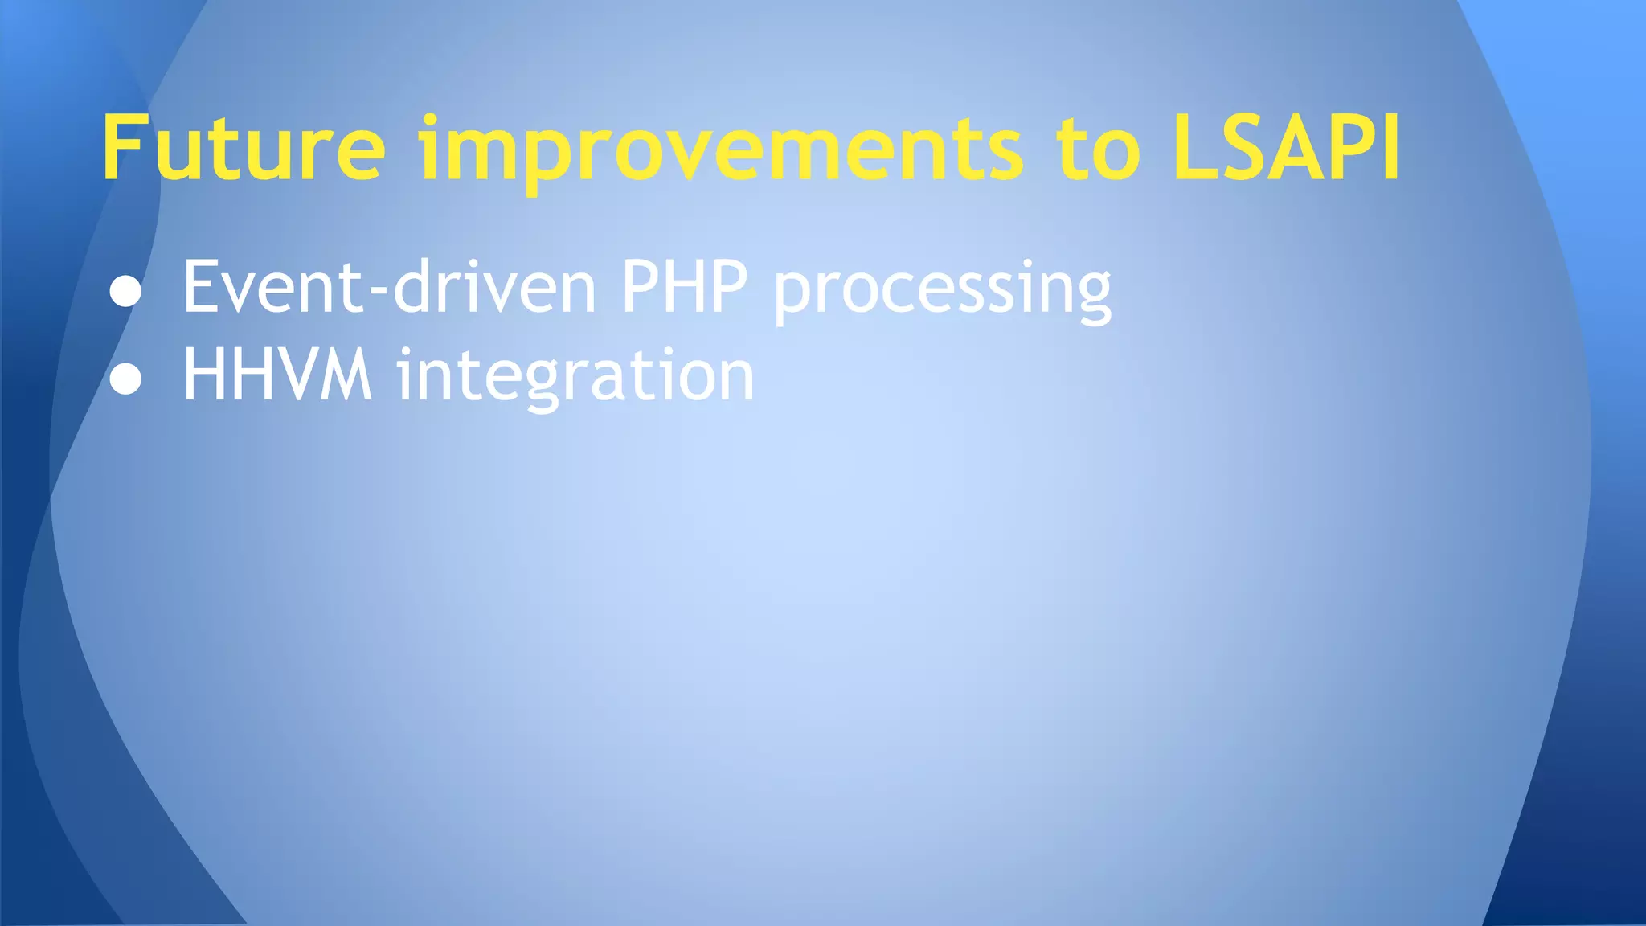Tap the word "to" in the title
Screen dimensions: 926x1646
pyautogui.click(x=1098, y=149)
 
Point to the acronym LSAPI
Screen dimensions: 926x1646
pyautogui.click(x=1286, y=149)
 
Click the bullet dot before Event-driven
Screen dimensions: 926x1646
pyautogui.click(x=125, y=292)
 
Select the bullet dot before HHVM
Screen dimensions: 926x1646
pyautogui.click(x=125, y=379)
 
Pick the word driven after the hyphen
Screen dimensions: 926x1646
pyautogui.click(x=494, y=287)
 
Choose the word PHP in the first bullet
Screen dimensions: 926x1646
pyautogui.click(x=684, y=287)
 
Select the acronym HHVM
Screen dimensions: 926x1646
pyautogui.click(x=277, y=375)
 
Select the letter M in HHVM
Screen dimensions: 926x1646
pyautogui.click(x=346, y=375)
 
